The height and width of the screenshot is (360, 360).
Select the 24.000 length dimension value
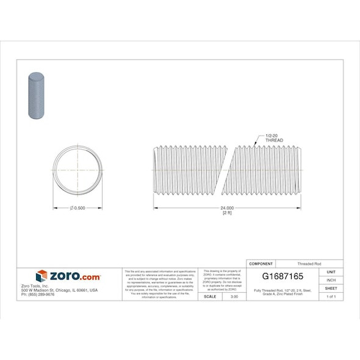pos(226,209)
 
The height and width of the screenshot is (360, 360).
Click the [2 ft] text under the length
pos(226,214)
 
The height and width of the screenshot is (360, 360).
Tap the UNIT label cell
pos(331,272)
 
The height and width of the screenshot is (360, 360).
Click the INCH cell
pos(331,279)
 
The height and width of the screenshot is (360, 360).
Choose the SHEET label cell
pos(331,288)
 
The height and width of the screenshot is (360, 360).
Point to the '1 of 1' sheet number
pos(331,296)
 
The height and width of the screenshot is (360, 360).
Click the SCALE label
pos(209,296)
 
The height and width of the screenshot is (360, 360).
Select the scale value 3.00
pos(234,296)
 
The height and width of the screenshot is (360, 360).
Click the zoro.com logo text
pos(74,276)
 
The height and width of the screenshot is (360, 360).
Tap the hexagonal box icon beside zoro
pos(41,276)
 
